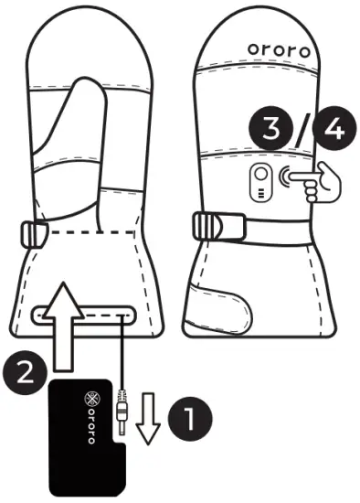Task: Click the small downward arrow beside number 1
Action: coord(148,425)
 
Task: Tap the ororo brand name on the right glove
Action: coord(281,48)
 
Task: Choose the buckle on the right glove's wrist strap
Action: coord(211,226)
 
